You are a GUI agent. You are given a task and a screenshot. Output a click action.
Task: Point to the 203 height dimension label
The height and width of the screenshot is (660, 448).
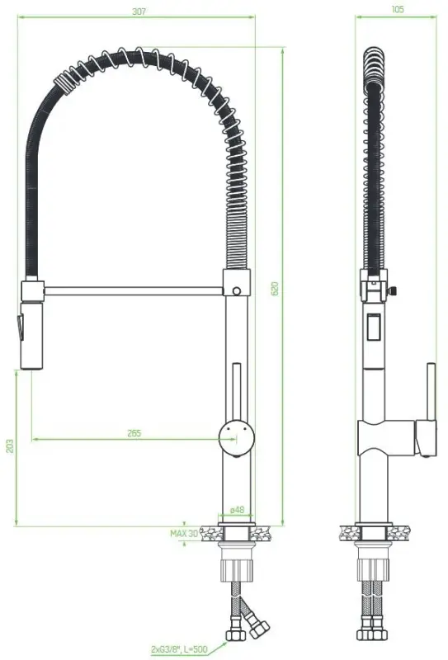point(9,446)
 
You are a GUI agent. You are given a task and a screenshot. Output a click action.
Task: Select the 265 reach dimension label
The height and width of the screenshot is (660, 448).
point(134,433)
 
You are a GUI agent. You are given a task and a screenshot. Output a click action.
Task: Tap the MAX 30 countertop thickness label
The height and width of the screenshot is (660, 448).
point(184,534)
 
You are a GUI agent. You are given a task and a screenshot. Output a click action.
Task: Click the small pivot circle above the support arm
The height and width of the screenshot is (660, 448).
point(238,290)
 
